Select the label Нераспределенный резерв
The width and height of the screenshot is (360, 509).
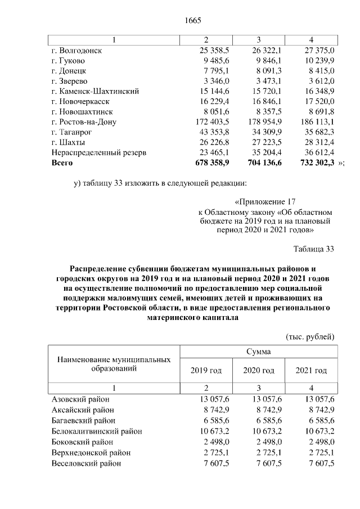pos(99,152)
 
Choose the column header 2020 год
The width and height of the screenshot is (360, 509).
pos(258,371)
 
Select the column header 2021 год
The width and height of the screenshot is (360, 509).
pos(311,371)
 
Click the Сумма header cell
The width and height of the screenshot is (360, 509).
pos(258,352)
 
